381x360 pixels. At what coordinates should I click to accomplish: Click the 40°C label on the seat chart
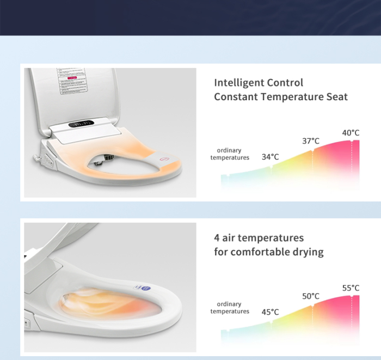pyautogui.click(x=351, y=133)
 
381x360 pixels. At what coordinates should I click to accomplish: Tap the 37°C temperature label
pyautogui.click(x=311, y=141)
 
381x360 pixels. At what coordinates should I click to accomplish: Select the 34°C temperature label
pyautogui.click(x=270, y=157)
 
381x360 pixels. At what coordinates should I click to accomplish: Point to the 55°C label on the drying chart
pyautogui.click(x=351, y=288)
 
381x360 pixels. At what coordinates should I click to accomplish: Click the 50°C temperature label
pyautogui.click(x=311, y=296)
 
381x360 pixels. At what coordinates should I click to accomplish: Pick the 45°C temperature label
pyautogui.click(x=270, y=312)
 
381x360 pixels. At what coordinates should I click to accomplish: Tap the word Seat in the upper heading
pyautogui.click(x=336, y=97)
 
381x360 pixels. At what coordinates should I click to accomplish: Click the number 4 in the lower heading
pyautogui.click(x=217, y=238)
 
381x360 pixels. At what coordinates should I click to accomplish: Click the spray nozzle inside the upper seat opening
pyautogui.click(x=105, y=160)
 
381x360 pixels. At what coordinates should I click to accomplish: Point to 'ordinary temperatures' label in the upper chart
pyautogui.click(x=230, y=154)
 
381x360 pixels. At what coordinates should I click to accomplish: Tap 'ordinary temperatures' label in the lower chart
pyautogui.click(x=230, y=308)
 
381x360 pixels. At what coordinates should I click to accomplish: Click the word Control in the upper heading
pyautogui.click(x=285, y=83)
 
